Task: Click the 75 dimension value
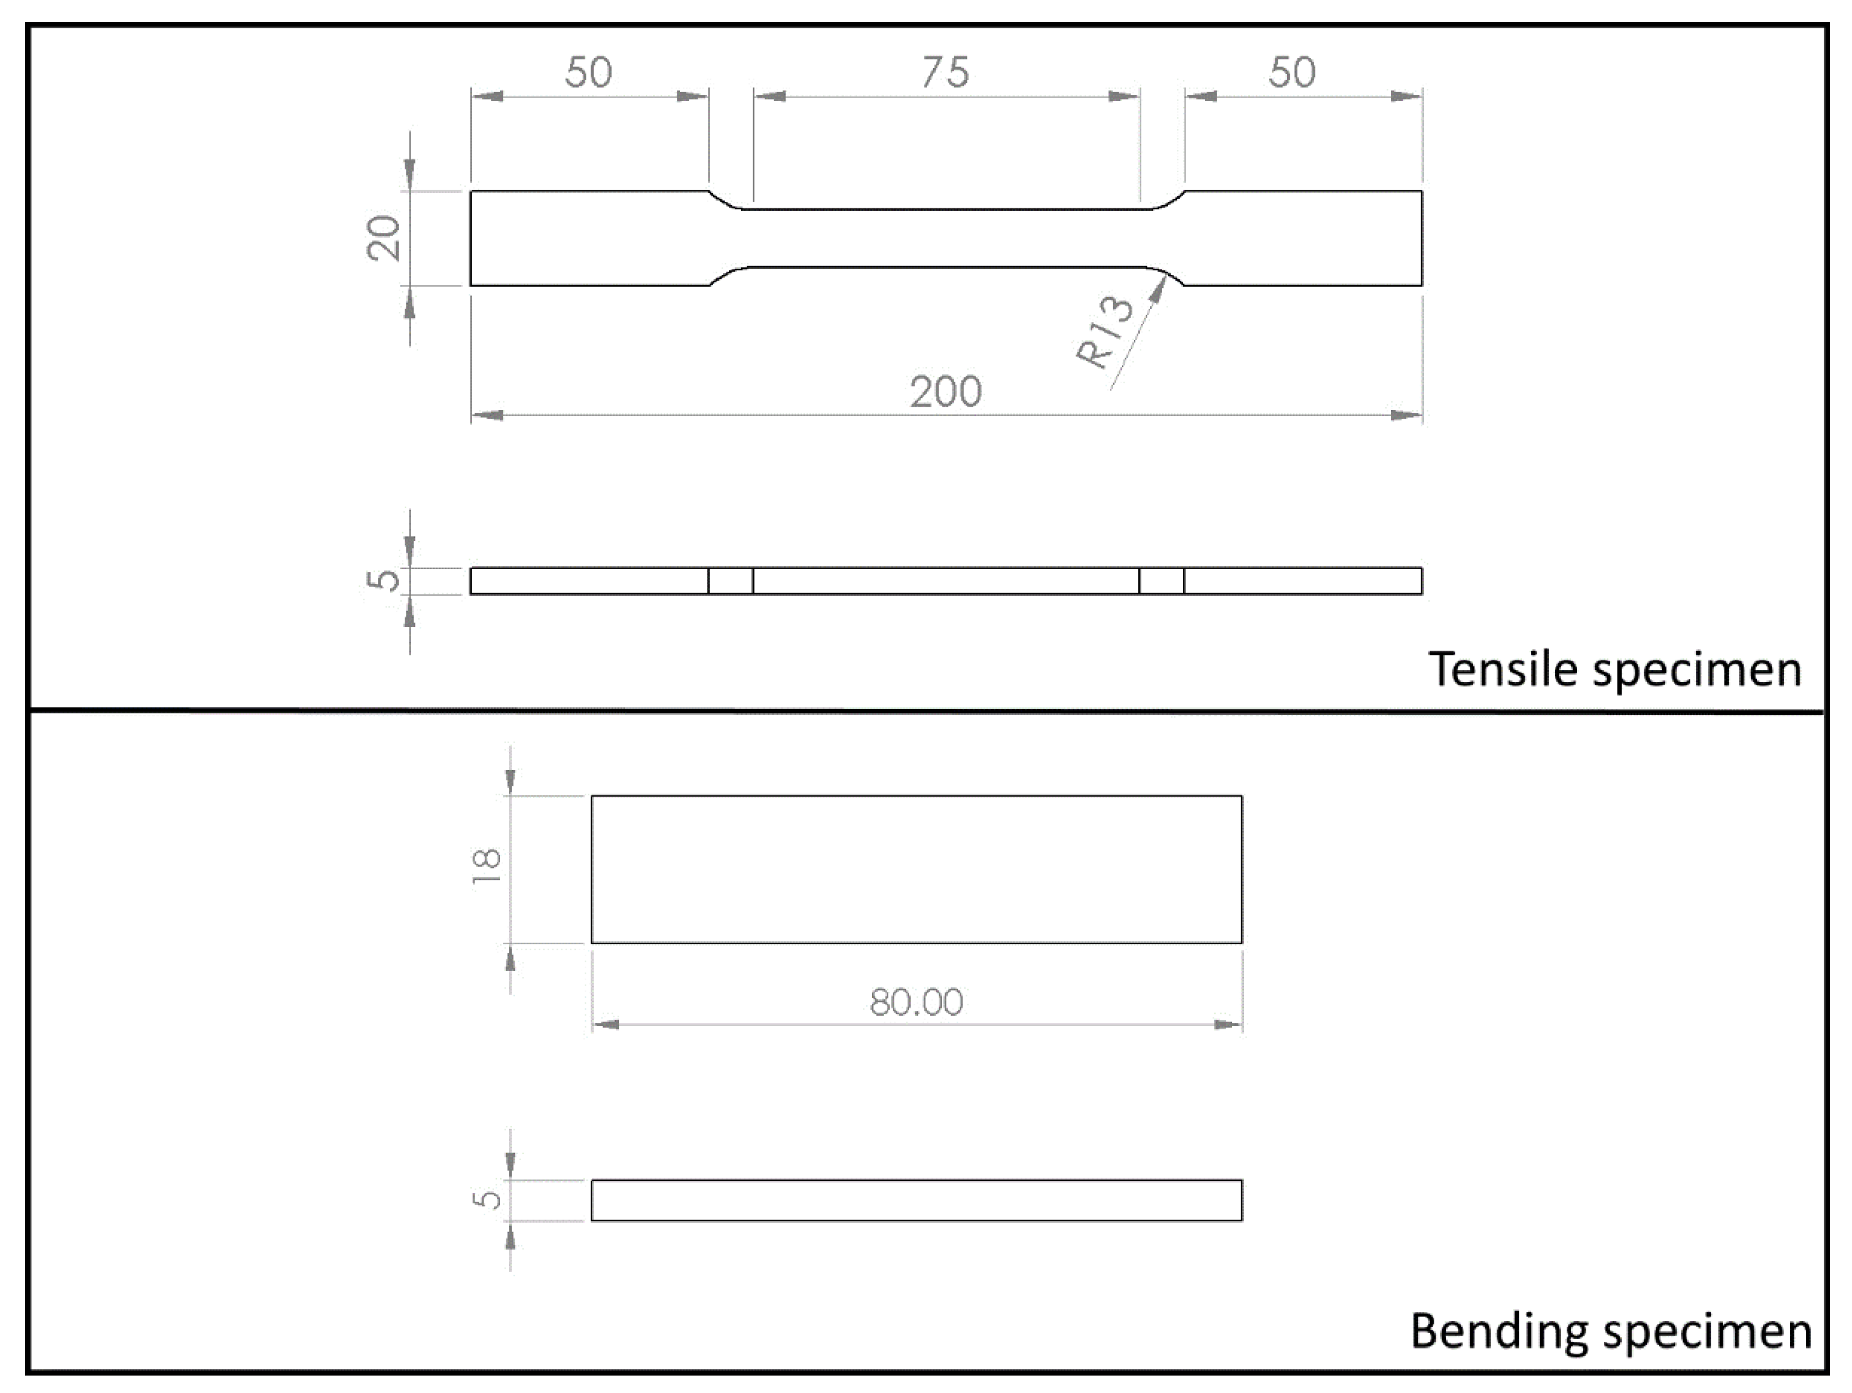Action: pos(945,73)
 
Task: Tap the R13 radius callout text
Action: pos(1105,333)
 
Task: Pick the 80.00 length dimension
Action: pos(916,1002)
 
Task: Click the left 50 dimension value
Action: pos(588,73)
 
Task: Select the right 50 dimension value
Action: pos(1292,73)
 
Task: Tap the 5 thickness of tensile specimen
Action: pos(384,580)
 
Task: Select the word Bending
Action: pos(1498,1330)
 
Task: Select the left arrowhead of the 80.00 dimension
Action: pos(604,1024)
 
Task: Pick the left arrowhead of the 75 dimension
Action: pos(768,97)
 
